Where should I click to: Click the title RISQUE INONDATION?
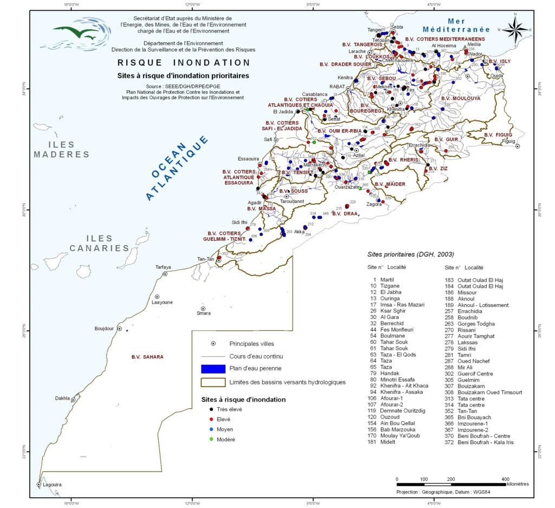(184, 63)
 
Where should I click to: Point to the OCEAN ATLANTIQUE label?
(177, 168)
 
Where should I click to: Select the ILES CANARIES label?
(99, 243)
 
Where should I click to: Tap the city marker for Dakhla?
(73, 400)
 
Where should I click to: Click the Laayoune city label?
(162, 303)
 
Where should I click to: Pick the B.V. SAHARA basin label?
(147, 357)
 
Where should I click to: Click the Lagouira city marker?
(38, 484)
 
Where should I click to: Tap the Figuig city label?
(509, 141)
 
